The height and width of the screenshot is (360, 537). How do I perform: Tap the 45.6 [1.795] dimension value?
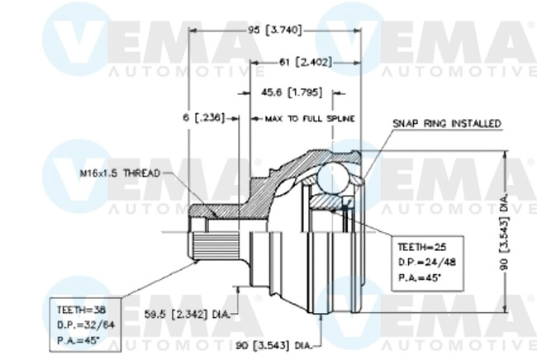(298, 91)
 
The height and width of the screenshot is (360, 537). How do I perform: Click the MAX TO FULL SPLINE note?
(310, 119)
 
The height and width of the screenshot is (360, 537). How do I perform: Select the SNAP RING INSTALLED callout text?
(447, 123)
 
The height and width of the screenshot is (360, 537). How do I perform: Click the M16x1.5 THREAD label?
(121, 173)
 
